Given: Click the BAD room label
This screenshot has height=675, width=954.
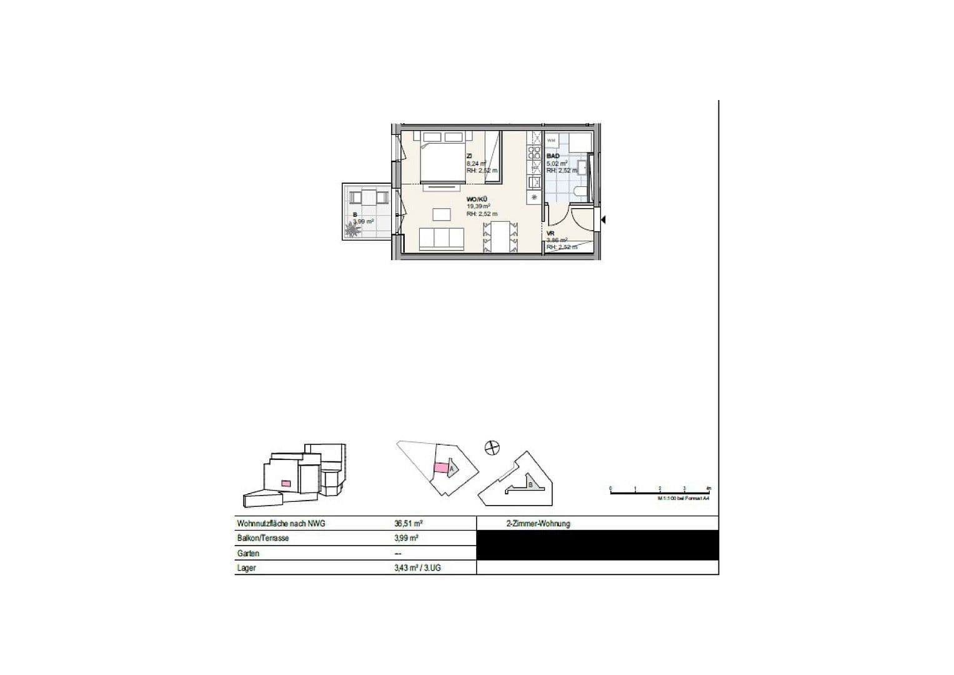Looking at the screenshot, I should (x=553, y=156).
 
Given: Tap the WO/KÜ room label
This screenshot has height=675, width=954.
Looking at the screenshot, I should (x=477, y=199).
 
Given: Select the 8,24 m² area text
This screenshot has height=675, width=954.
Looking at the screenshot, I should (x=475, y=164).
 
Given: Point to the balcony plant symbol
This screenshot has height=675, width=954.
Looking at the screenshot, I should (x=352, y=230).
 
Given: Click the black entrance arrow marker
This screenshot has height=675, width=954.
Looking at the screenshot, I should (x=604, y=219).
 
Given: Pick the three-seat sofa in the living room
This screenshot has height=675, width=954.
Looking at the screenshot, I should (x=441, y=239).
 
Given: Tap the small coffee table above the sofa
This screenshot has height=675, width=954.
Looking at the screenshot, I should (x=441, y=214).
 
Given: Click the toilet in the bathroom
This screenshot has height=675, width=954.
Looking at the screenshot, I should (x=578, y=192).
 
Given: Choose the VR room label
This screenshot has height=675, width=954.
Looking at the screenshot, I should (x=550, y=233).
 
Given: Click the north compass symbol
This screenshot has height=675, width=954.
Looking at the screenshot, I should (x=492, y=447).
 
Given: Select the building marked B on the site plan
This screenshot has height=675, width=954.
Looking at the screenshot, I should (x=530, y=485).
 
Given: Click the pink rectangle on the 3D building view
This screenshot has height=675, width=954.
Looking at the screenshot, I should (x=286, y=482).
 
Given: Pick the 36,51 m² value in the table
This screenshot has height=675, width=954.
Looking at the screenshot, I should (x=407, y=524).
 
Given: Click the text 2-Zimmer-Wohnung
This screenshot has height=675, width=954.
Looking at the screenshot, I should (x=538, y=524).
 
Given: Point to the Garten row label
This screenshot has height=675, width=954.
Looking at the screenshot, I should (x=248, y=553).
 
